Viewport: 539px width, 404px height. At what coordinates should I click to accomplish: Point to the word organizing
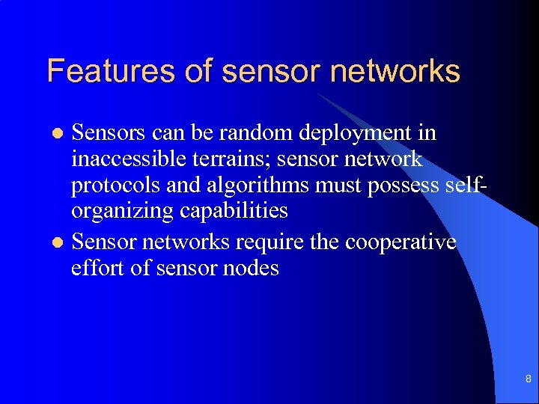[123, 212]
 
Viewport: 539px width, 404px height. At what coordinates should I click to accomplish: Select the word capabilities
[234, 212]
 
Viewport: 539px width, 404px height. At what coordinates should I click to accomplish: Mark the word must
[343, 186]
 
